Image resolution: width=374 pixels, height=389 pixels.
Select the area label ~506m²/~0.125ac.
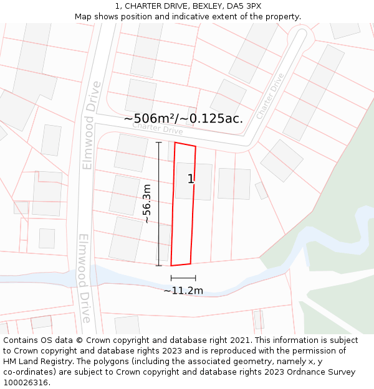183,118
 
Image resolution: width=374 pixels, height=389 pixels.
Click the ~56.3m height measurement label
146,204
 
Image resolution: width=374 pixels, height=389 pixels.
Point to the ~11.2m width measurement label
183,291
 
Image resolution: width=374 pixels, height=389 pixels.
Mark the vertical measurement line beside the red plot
159,204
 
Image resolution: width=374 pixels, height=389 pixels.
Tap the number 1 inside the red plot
191,179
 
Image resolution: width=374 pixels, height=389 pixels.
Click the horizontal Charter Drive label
158,128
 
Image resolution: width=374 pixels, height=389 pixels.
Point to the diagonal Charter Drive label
270,96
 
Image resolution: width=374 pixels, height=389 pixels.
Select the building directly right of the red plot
234,184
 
